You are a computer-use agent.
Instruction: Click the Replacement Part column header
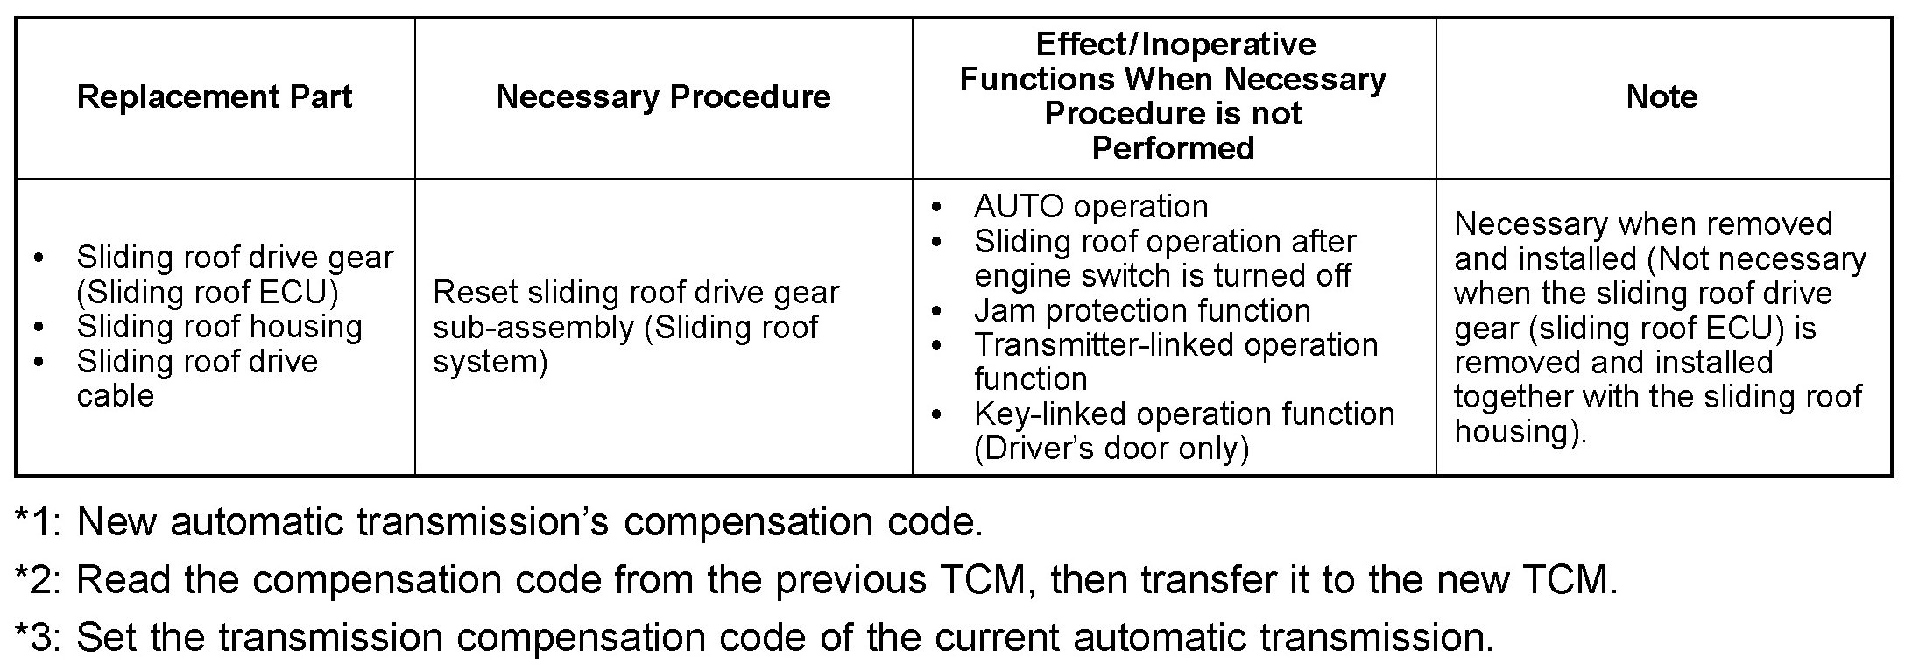(214, 96)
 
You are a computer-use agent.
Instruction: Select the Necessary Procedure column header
(663, 96)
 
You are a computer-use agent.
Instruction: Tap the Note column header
(1662, 96)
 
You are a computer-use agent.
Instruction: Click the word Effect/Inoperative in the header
(1175, 44)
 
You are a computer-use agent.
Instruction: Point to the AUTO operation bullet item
(1090, 207)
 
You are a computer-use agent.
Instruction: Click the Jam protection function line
(1142, 310)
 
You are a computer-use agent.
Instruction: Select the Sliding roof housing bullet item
(219, 327)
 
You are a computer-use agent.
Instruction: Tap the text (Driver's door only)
(1111, 449)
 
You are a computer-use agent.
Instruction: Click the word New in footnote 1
(116, 522)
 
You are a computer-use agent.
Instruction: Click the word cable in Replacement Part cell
(115, 396)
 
